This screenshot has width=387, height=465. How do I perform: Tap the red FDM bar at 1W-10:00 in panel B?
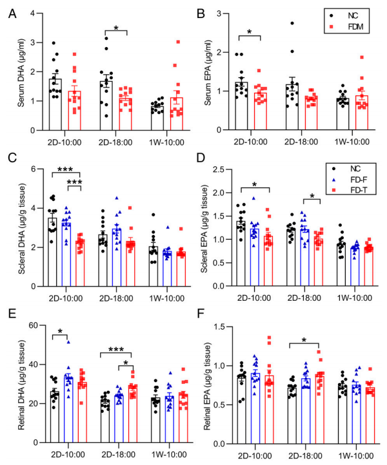click(362, 113)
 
